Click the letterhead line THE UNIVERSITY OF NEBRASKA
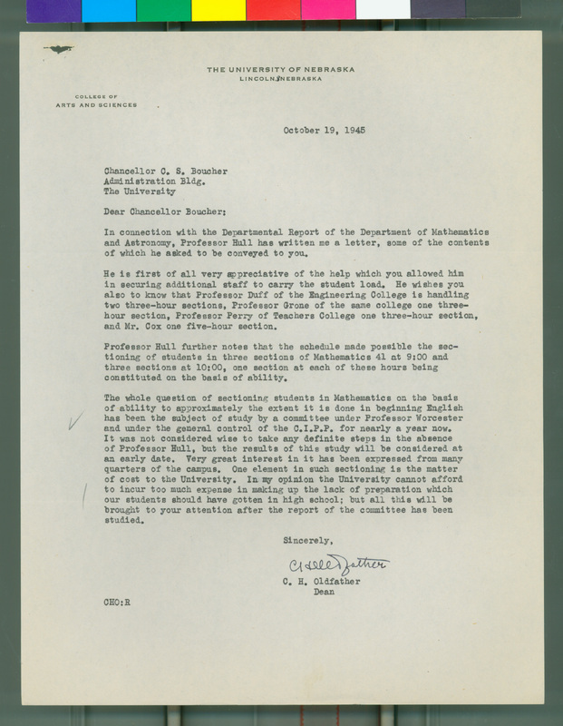[x=280, y=70]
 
